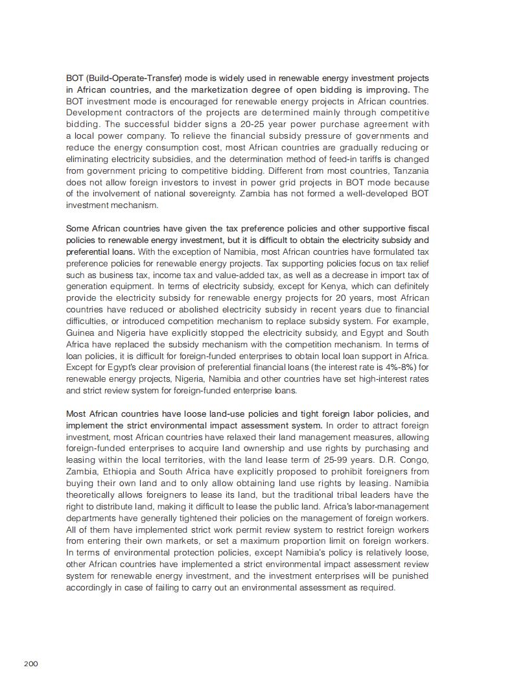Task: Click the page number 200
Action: [x=31, y=664]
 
